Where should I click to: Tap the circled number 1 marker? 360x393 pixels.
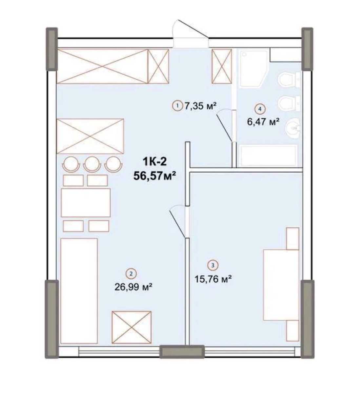tap(177, 106)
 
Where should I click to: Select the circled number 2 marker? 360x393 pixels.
tap(131, 274)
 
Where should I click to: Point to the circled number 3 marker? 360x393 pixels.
tap(213, 265)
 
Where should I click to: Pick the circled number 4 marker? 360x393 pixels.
tap(260, 109)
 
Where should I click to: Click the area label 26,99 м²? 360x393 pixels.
tap(133, 287)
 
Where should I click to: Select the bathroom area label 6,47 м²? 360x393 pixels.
tap(263, 122)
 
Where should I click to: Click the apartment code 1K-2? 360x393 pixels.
tap(154, 162)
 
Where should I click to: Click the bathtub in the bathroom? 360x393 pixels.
tap(268, 156)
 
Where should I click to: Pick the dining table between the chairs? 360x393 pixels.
tap(86, 203)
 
